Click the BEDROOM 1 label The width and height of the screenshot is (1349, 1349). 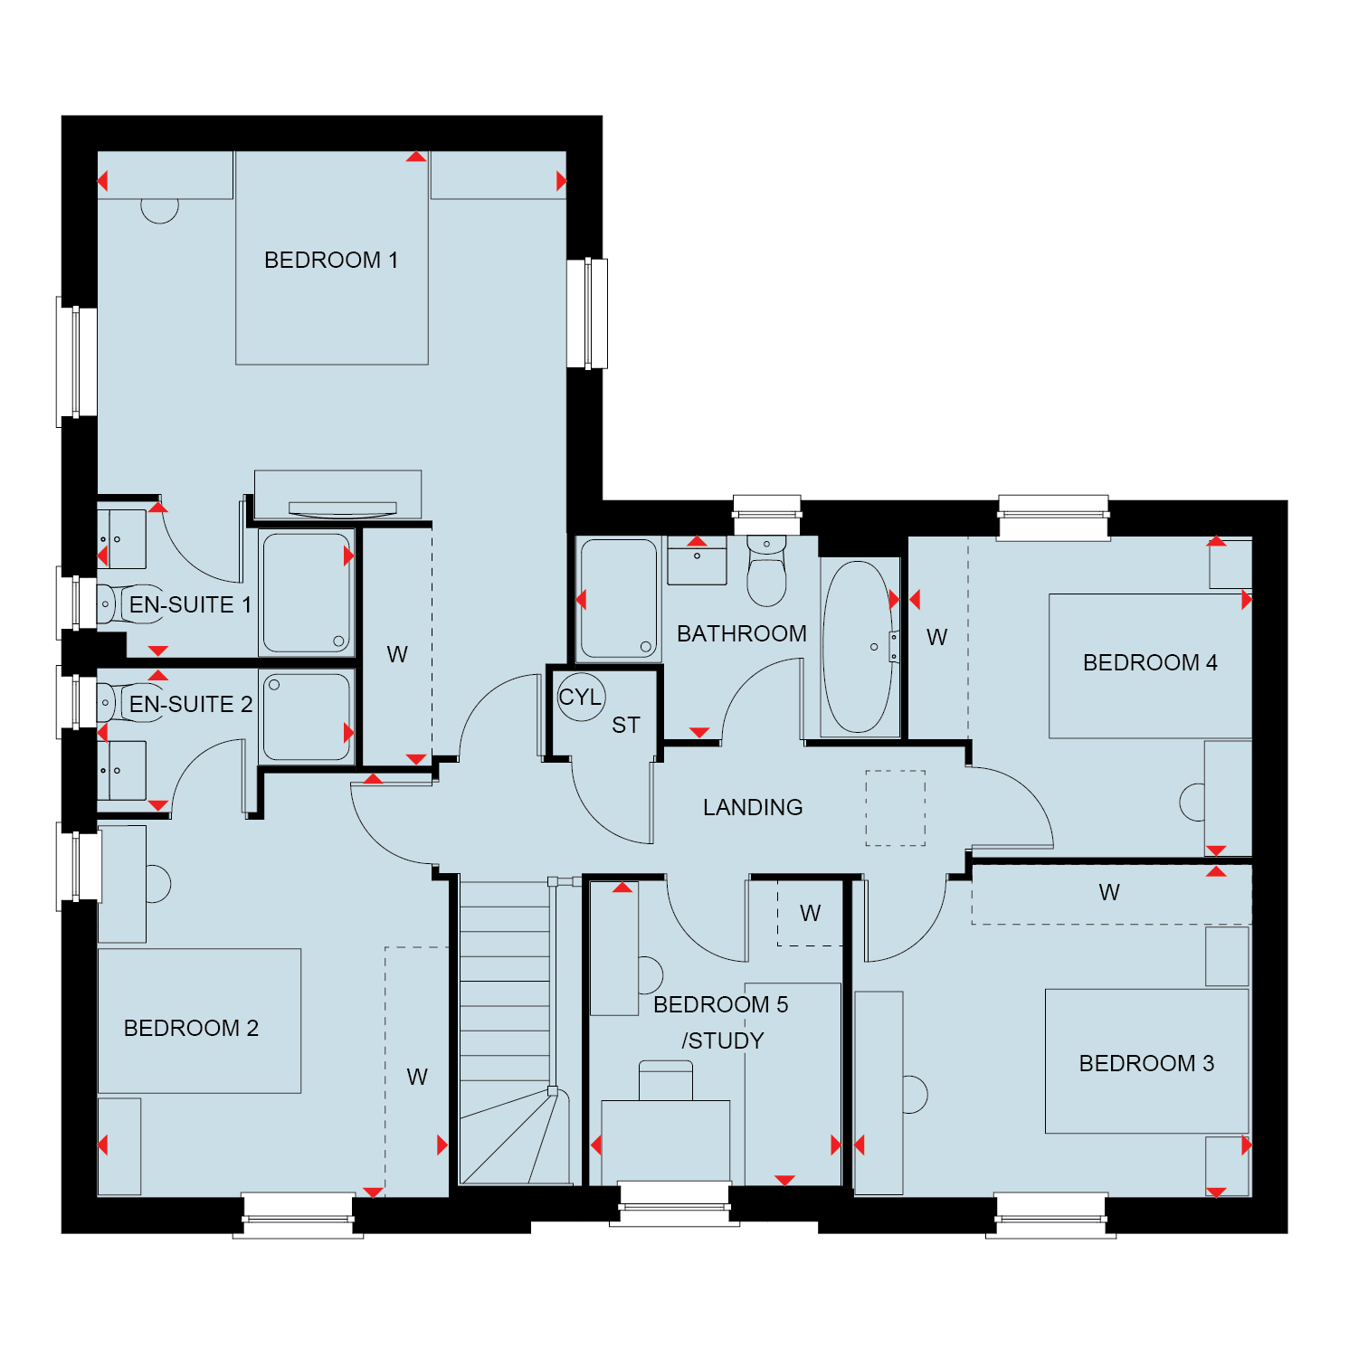coord(331,260)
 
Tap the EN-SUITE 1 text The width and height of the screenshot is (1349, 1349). coord(190,604)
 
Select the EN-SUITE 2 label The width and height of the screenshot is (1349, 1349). coord(191,704)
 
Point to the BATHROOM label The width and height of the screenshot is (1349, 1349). coord(742,633)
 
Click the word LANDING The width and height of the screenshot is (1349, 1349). coord(753,807)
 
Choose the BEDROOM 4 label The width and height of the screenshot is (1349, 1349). coord(1150,662)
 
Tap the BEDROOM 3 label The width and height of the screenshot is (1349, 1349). coord(1146,1063)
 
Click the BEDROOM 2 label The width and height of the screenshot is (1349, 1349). coord(191,1028)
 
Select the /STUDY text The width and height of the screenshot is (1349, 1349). coord(723,1040)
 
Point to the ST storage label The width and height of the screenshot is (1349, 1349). coord(626,725)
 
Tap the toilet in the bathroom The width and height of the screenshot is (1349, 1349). coord(767,570)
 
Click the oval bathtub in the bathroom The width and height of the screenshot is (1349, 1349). coord(858,647)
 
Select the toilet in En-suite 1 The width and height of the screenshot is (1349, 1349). coord(109,603)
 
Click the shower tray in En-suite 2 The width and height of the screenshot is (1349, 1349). coord(307,717)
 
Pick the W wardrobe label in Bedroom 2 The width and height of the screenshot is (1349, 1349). coord(417,1077)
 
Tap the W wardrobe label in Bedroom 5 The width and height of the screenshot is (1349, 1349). coord(811,914)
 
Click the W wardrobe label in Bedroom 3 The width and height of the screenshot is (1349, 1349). coord(1109,893)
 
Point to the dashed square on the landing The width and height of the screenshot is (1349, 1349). coord(896,808)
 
